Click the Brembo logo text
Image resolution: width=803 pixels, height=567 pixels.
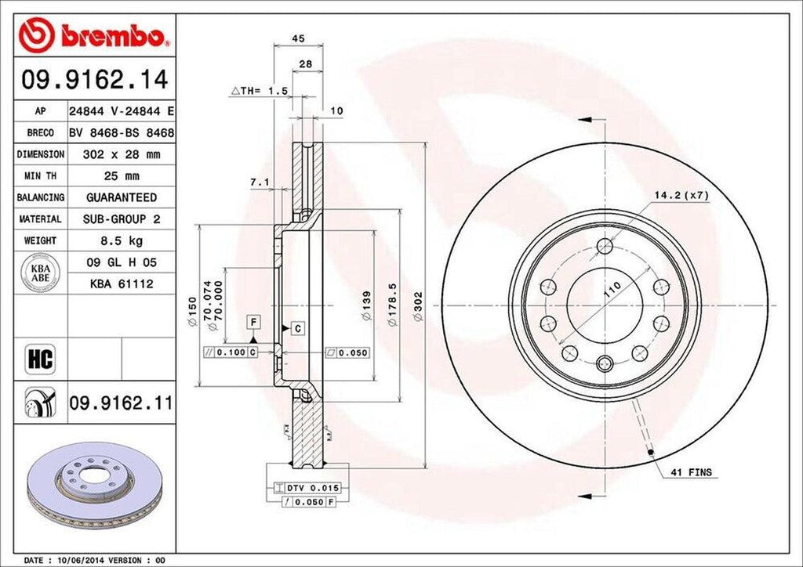click(x=118, y=35)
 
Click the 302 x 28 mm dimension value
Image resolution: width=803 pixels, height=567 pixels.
click(x=120, y=154)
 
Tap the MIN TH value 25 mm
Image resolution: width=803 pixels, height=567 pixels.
click(x=120, y=176)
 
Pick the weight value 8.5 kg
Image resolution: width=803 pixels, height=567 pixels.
click(x=120, y=240)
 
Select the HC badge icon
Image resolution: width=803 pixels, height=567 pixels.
click(x=38, y=359)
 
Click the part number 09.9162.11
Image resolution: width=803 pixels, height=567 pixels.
click(x=121, y=404)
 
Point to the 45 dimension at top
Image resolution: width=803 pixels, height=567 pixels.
click(x=298, y=38)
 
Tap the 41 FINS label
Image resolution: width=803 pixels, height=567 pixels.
click(x=691, y=472)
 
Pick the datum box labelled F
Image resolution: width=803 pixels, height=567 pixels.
click(x=253, y=321)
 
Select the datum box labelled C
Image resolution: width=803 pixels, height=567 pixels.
click(x=298, y=329)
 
